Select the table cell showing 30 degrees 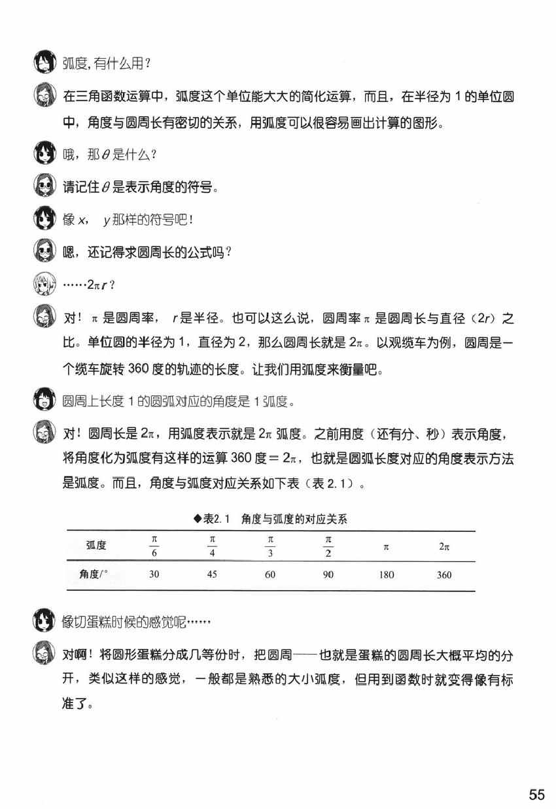click(x=154, y=575)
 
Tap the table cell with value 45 click(x=211, y=575)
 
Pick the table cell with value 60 click(x=270, y=575)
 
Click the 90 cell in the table click(x=328, y=575)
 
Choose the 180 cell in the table click(x=386, y=575)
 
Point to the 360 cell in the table click(x=444, y=575)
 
